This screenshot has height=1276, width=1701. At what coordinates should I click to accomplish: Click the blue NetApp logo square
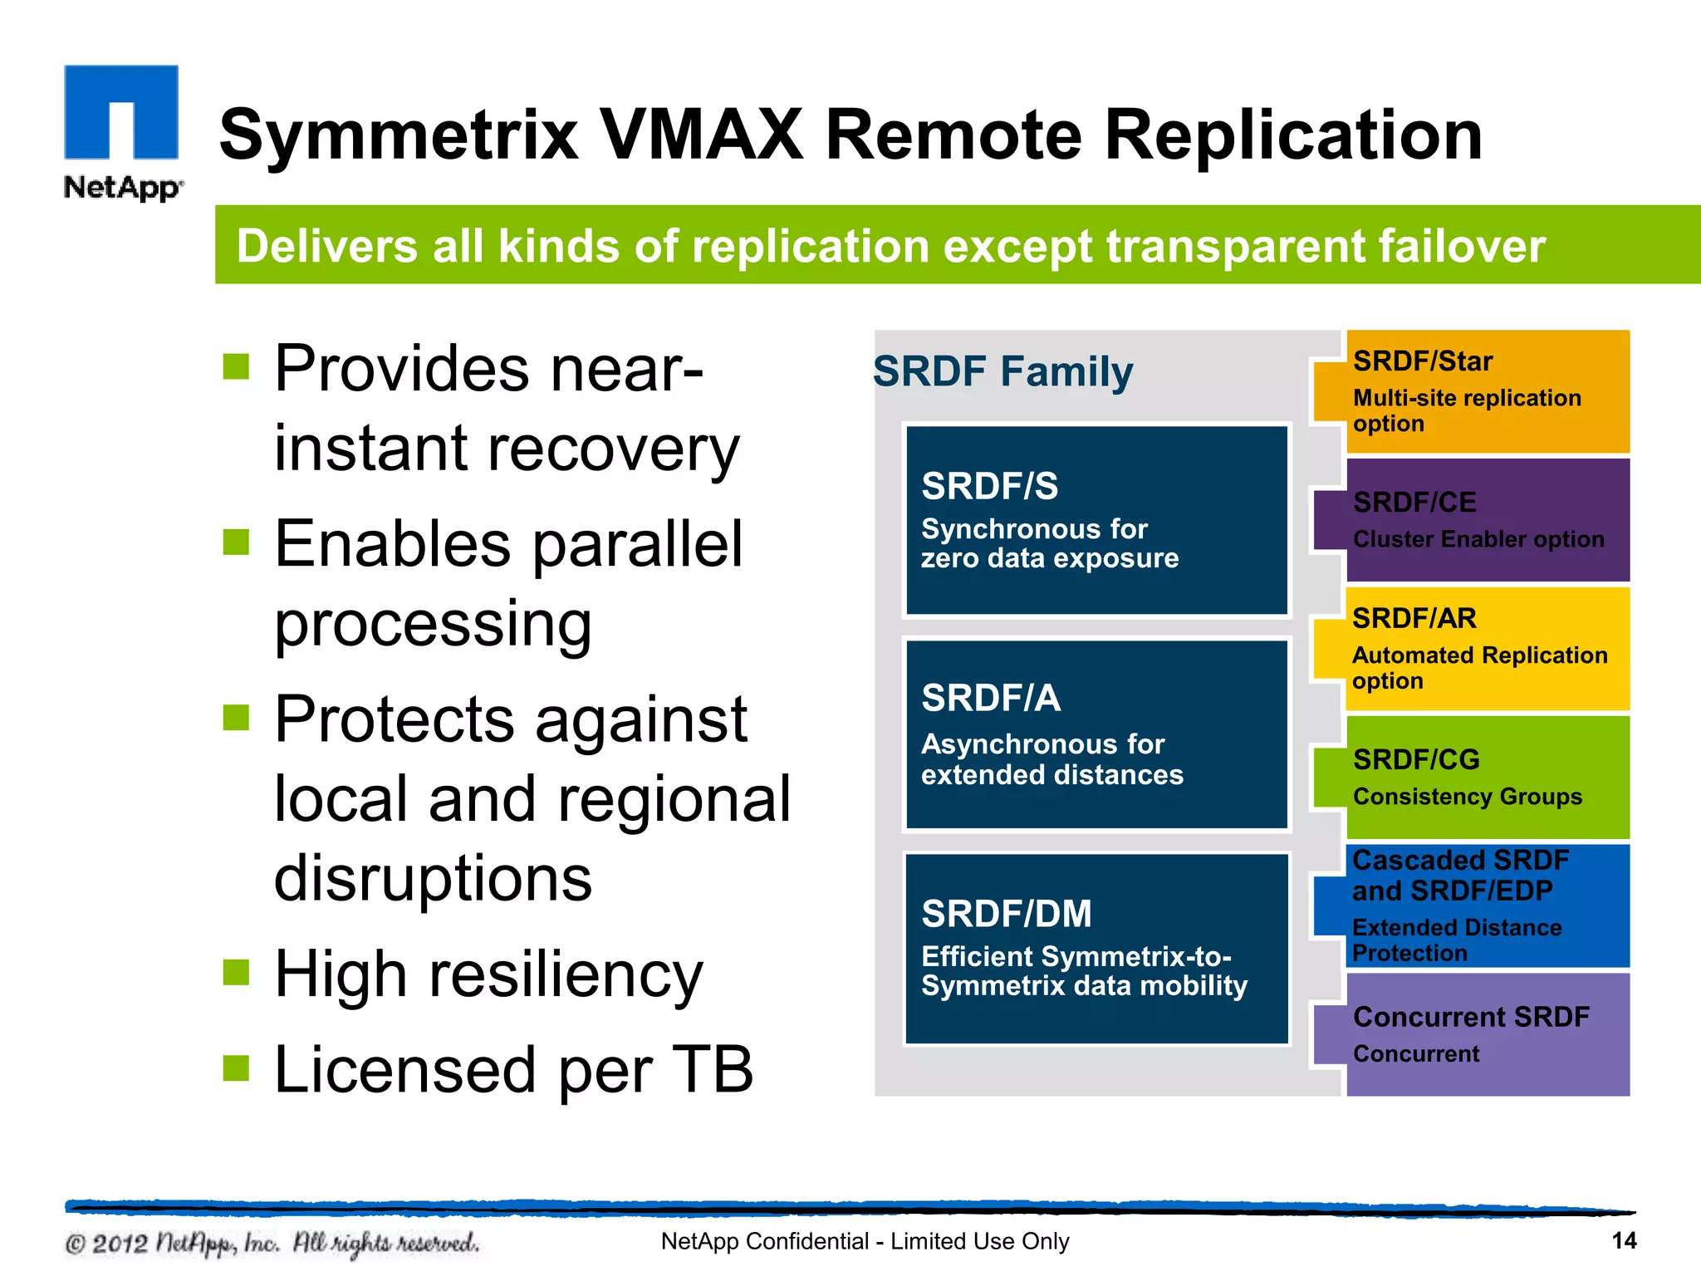click(x=121, y=111)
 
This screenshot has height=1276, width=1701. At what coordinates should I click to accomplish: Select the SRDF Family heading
click(x=1002, y=371)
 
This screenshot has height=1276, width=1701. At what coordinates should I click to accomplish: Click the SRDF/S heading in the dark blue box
click(x=989, y=486)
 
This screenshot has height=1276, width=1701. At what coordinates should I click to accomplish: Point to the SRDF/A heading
click(x=990, y=698)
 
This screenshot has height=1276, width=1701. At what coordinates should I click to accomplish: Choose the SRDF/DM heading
click(x=1006, y=914)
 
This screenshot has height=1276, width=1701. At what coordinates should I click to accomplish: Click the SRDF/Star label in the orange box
click(x=1422, y=361)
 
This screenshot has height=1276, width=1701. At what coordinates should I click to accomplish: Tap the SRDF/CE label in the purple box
click(x=1414, y=502)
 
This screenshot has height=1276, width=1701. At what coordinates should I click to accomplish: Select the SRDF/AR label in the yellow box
click(x=1414, y=618)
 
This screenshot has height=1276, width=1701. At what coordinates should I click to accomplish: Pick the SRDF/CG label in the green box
click(x=1416, y=759)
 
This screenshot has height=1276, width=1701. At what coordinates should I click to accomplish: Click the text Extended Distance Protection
click(x=1456, y=940)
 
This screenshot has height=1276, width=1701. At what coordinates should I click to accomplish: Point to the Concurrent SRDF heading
click(x=1470, y=1017)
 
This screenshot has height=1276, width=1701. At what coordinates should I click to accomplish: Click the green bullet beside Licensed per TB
click(x=237, y=1068)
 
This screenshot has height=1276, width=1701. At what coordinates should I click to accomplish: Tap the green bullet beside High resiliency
click(x=237, y=971)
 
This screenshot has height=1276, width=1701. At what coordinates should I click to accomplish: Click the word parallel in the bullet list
click(x=637, y=544)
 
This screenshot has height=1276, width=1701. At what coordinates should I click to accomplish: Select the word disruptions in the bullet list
click(x=433, y=878)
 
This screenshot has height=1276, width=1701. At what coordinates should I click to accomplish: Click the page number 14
click(x=1623, y=1241)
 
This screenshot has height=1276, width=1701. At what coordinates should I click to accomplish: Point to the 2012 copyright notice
click(x=272, y=1244)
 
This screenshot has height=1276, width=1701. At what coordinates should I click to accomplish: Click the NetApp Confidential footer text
click(x=864, y=1241)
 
